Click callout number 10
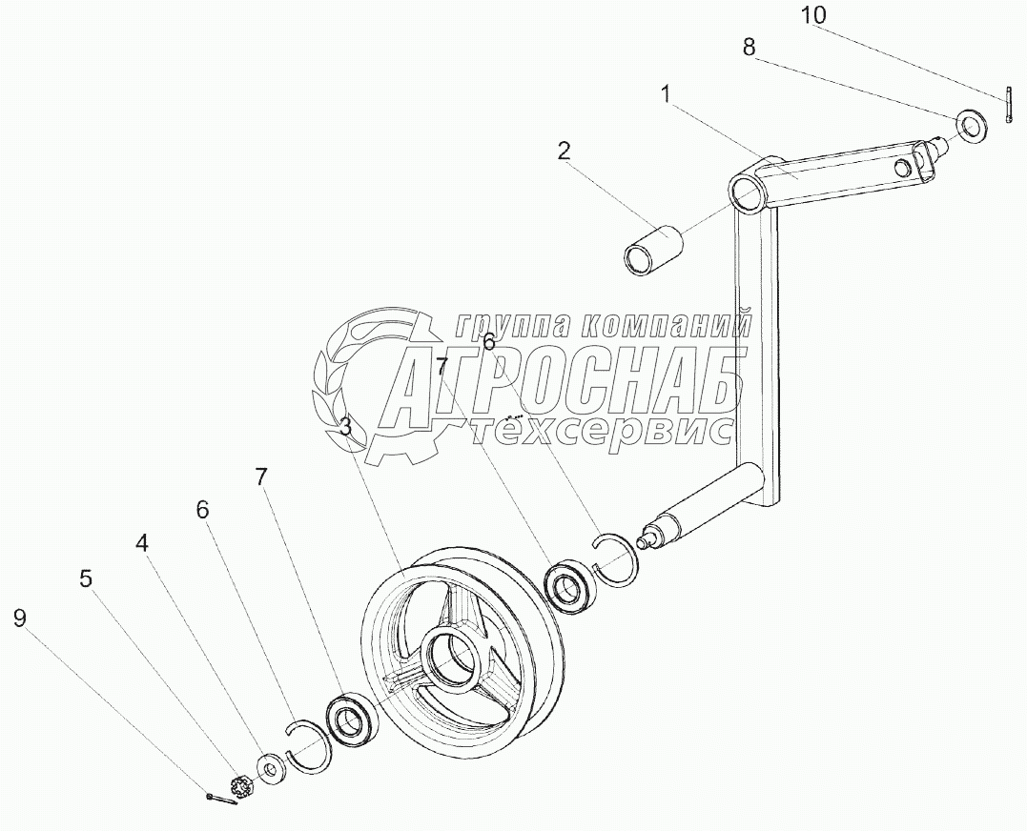(x=814, y=16)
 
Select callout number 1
(x=666, y=94)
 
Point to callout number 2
(x=565, y=151)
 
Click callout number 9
(x=20, y=618)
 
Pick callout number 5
(x=86, y=578)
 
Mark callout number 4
(x=142, y=543)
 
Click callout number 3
(x=345, y=427)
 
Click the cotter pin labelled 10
(x=1007, y=105)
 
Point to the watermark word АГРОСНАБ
(x=563, y=383)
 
